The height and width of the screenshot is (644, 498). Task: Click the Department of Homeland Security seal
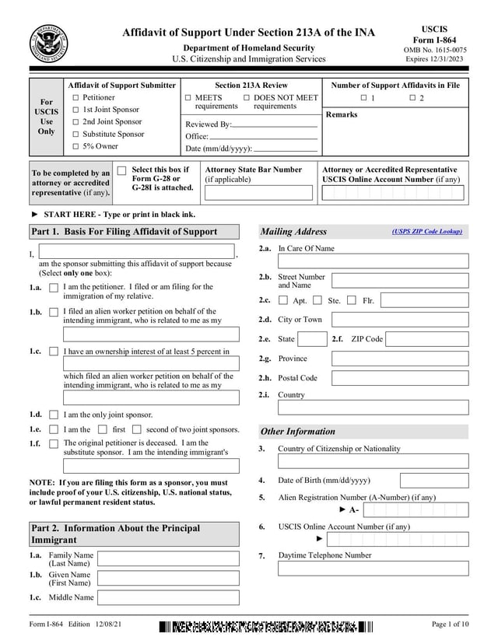[48, 44]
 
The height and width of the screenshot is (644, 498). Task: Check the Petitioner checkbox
[75, 98]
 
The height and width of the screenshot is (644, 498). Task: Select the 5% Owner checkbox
[75, 146]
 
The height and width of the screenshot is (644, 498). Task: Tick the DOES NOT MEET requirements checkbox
[247, 98]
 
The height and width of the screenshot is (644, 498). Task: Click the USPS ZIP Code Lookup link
[427, 231]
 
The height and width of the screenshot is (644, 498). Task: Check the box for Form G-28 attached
[121, 170]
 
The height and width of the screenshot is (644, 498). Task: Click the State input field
[312, 339]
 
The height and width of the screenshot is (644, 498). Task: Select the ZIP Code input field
[426, 339]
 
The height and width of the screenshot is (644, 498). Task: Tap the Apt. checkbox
[283, 300]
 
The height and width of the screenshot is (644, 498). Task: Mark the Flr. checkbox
[352, 300]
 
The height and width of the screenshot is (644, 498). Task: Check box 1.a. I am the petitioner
[54, 288]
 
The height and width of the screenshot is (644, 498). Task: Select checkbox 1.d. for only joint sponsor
[54, 415]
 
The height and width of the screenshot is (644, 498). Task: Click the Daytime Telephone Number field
[373, 568]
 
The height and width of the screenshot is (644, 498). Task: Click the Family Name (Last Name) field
[168, 559]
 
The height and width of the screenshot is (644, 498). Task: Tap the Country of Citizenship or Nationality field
[373, 461]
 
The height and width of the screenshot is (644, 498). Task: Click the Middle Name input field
[168, 598]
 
